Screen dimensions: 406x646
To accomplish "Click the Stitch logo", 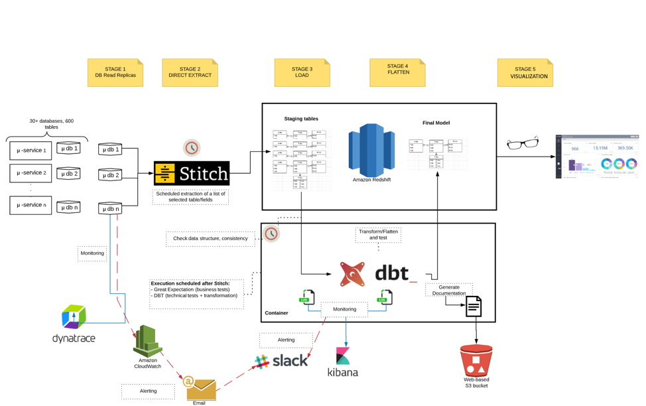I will (x=192, y=174).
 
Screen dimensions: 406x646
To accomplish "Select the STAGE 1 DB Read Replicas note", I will (x=115, y=72).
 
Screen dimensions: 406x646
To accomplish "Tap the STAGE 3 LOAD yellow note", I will (x=302, y=72).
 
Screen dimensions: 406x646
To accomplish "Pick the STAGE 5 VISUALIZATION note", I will (x=524, y=72).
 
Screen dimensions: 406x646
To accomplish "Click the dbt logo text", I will (x=396, y=273).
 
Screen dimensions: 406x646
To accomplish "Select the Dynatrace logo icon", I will (x=74, y=316).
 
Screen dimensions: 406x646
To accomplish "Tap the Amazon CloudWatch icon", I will (x=148, y=340).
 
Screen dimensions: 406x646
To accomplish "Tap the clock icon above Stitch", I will (x=192, y=147).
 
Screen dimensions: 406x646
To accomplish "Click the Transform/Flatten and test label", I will (x=378, y=234).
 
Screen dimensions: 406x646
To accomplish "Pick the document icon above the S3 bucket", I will (x=472, y=306).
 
